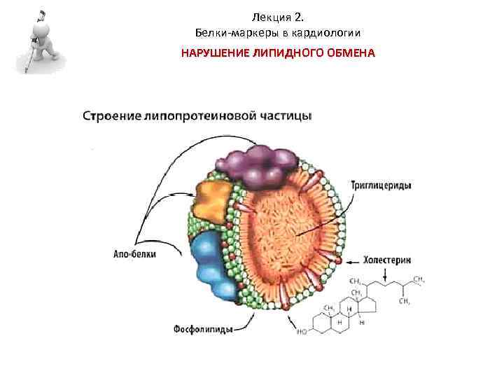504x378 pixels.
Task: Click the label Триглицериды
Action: [382, 186]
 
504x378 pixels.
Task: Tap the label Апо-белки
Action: [133, 255]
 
